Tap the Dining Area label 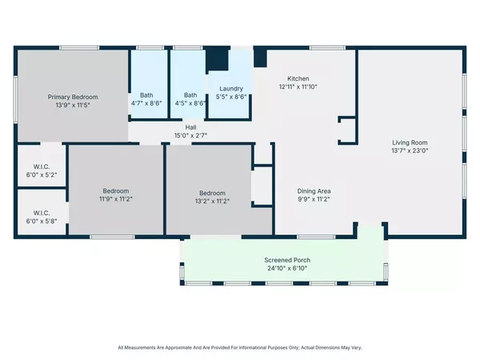[x=314, y=191]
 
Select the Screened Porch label [x=287, y=261]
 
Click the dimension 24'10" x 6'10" [x=287, y=269]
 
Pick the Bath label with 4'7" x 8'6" [x=146, y=94]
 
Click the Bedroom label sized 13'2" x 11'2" [x=212, y=193]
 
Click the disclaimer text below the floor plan [x=240, y=348]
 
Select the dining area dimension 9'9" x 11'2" [x=314, y=199]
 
